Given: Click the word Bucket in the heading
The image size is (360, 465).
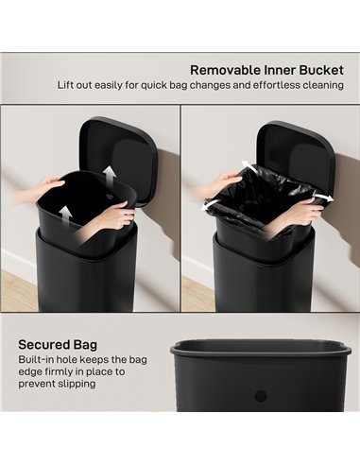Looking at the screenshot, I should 318,69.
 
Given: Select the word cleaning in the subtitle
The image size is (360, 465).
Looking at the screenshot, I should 318,86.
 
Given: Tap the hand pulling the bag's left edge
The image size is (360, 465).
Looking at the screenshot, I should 220,179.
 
